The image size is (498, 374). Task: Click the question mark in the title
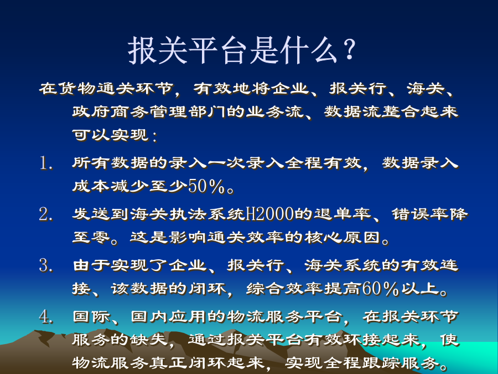(349, 49)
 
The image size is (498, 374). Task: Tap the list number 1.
(46, 163)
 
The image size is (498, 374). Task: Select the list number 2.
(46, 214)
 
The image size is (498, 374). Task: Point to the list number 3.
(46, 265)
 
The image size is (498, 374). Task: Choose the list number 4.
(46, 316)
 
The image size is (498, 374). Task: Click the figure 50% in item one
(206, 186)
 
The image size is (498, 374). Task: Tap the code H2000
(270, 214)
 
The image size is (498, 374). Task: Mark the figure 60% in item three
(380, 289)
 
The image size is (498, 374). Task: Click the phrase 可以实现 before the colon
(110, 135)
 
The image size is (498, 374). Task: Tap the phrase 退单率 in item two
(343, 214)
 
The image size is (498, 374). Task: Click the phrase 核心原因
(342, 237)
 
